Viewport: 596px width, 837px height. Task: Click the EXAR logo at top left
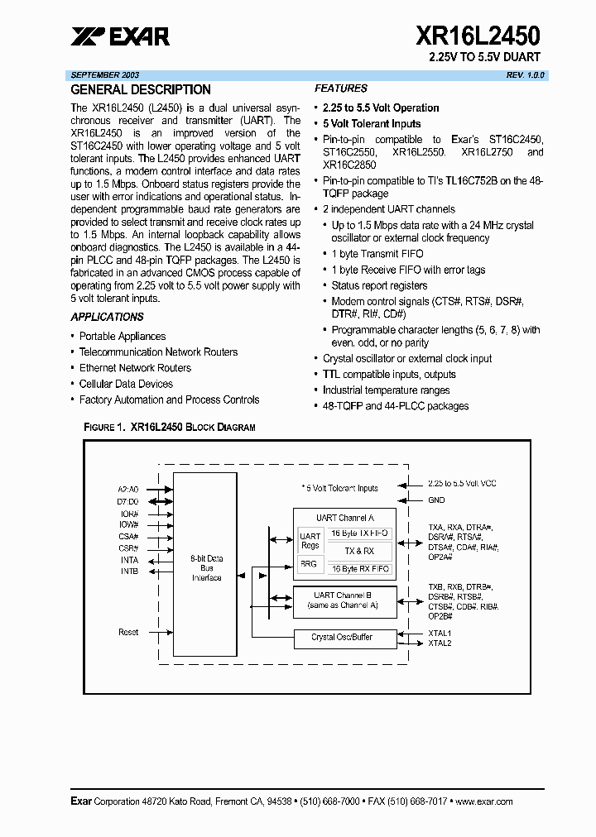(x=119, y=36)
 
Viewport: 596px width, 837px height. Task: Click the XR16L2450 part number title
(x=478, y=36)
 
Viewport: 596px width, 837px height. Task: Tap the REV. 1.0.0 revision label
(x=526, y=74)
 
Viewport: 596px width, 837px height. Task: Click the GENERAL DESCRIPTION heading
(x=140, y=89)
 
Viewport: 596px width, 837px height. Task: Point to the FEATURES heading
(x=340, y=88)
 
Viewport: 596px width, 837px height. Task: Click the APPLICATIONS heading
(x=107, y=317)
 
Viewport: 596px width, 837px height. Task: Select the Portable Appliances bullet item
(x=122, y=337)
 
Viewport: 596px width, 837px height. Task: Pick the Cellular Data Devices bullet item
(x=126, y=384)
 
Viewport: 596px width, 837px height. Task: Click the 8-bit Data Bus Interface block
(x=207, y=568)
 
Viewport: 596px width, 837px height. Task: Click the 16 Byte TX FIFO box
(x=359, y=533)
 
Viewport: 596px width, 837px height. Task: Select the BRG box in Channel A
(x=310, y=564)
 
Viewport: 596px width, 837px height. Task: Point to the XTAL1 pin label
(x=440, y=633)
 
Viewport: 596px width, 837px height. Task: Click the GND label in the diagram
(x=435, y=500)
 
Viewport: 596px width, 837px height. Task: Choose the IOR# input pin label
(x=129, y=514)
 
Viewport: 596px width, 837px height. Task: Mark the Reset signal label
(x=128, y=632)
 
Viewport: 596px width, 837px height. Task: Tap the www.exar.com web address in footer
(x=484, y=801)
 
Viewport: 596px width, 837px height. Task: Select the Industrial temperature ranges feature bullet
(x=386, y=390)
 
